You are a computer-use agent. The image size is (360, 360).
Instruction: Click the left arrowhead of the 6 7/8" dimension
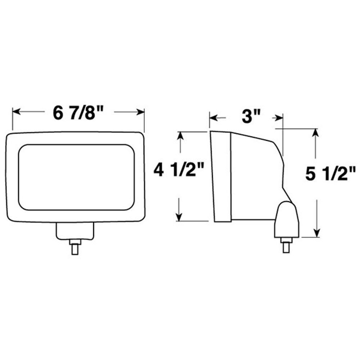[17, 112]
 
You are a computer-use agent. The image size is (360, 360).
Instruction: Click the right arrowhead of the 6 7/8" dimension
[140, 112]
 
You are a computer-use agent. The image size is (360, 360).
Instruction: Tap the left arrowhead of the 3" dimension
[213, 118]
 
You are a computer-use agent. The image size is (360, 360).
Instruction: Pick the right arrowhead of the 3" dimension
[279, 118]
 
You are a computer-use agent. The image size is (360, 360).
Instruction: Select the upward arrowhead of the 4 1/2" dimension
[180, 136]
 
